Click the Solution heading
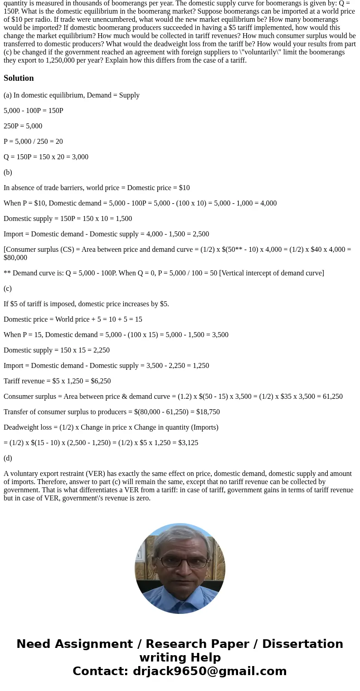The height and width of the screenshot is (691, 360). [19, 78]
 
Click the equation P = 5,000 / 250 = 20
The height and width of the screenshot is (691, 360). [33, 142]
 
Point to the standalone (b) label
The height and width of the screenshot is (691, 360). [8, 172]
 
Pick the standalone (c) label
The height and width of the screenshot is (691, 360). [8, 289]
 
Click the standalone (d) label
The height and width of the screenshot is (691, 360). [8, 458]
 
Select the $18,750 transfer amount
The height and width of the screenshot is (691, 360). [208, 412]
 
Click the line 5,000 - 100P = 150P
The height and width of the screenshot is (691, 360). [34, 111]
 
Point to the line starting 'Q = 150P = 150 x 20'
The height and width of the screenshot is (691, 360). [46, 157]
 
